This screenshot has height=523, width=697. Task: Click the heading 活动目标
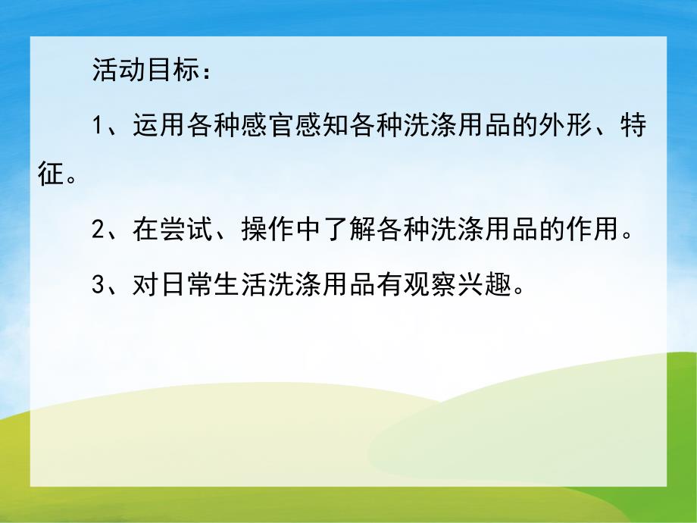pyautogui.click(x=141, y=71)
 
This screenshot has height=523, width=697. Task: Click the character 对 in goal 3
pyautogui.click(x=144, y=286)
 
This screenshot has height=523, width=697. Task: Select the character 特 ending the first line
pyautogui.click(x=634, y=125)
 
